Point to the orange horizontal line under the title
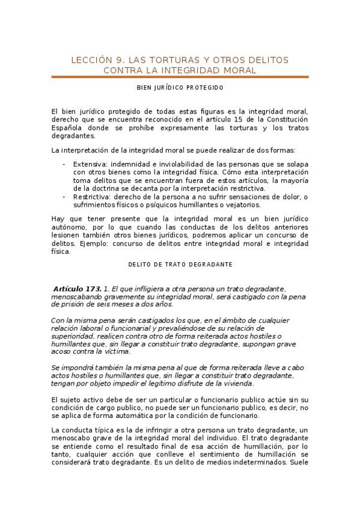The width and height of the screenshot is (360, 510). click(180, 77)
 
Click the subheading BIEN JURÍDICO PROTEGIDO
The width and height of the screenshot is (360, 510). click(180, 88)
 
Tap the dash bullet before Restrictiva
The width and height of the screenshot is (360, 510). click(64, 197)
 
